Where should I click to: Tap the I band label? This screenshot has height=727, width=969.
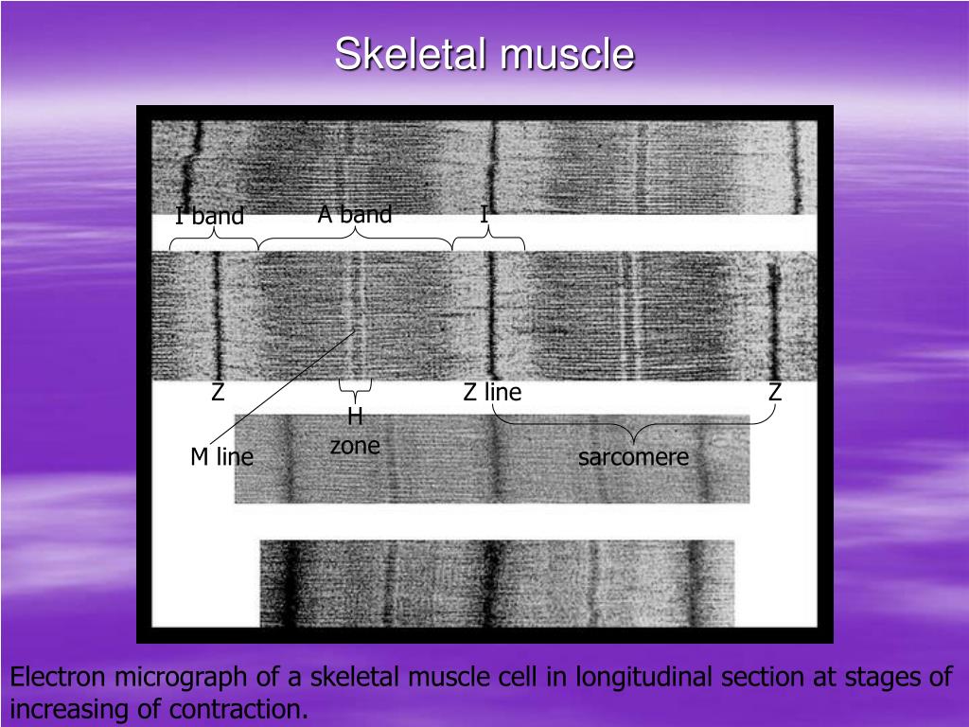click(x=209, y=217)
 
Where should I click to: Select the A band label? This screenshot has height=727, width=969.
click(x=355, y=215)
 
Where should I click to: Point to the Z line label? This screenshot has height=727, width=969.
click(x=492, y=392)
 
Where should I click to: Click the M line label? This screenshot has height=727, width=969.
click(x=221, y=457)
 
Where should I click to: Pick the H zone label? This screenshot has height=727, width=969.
click(x=355, y=432)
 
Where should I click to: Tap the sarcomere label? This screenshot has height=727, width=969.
click(x=633, y=458)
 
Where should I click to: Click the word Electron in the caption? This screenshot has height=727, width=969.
click(x=58, y=678)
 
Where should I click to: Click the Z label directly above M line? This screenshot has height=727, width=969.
click(x=218, y=392)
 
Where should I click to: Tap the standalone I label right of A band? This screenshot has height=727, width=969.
click(x=484, y=215)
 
